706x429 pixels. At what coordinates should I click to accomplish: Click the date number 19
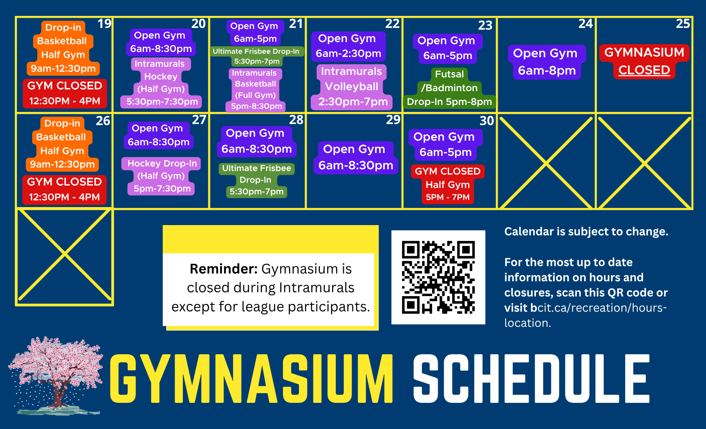[104, 24]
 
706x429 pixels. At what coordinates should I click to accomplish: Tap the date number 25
[683, 24]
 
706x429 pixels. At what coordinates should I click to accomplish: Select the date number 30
[486, 121]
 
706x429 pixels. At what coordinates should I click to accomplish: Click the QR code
[438, 277]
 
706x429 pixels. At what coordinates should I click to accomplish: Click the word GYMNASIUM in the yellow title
[251, 378]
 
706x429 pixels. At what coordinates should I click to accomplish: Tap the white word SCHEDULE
[531, 378]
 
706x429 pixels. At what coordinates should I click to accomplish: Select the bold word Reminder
[223, 269]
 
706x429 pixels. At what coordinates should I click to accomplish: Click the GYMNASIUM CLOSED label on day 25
[644, 61]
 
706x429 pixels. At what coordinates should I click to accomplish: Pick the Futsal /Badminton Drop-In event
[449, 88]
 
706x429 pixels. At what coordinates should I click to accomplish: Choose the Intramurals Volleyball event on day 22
[352, 87]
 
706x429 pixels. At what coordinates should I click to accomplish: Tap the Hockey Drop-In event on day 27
[162, 176]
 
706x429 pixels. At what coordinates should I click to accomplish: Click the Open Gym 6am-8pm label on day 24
[546, 62]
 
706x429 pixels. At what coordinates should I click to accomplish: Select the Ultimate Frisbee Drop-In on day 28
[256, 180]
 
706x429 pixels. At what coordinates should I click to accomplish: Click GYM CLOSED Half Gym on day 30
[448, 184]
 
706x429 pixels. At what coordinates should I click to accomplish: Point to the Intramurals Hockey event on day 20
[161, 83]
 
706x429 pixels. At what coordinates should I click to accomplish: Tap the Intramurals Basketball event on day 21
[256, 90]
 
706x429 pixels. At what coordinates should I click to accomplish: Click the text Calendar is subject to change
[586, 231]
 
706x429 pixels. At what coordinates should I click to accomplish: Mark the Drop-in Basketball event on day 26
[62, 144]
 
